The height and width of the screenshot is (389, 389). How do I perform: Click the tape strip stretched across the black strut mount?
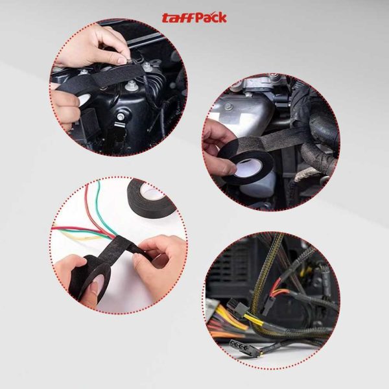[x=97, y=78]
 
